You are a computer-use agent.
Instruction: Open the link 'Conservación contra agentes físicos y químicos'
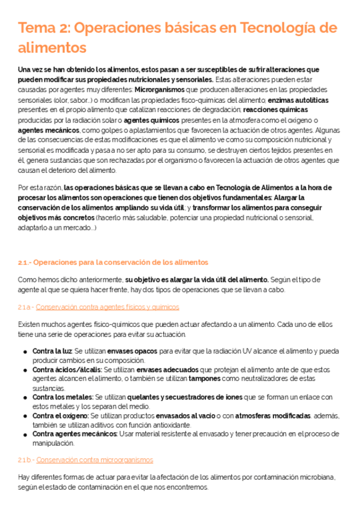(x=108, y=306)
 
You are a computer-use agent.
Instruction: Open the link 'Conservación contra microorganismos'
(x=95, y=460)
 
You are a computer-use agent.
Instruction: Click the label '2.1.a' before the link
(x=25, y=306)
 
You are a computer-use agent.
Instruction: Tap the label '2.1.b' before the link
(x=25, y=460)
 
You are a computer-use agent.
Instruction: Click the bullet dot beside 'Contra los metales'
(x=25, y=397)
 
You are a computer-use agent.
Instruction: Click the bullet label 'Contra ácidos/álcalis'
(x=61, y=370)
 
